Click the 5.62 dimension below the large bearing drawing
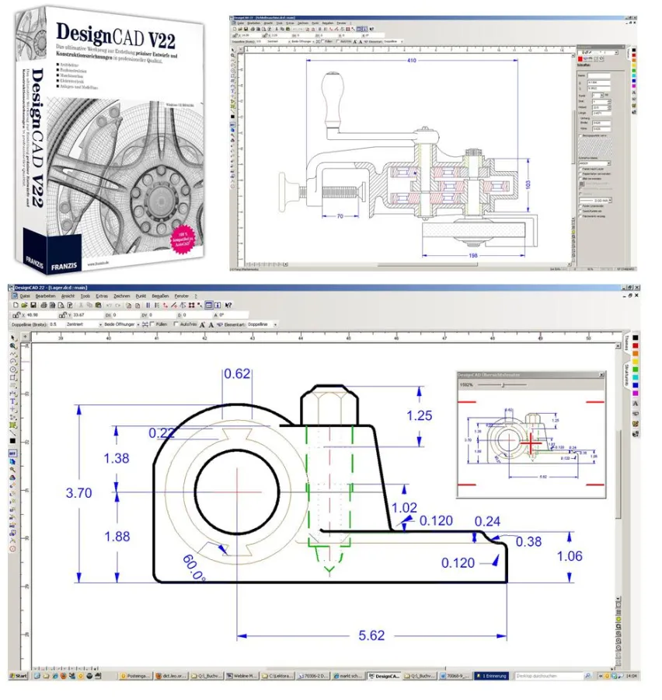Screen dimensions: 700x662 pyautogui.click(x=371, y=635)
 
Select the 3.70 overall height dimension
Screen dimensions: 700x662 pyautogui.click(x=78, y=492)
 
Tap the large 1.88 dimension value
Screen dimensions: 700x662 pyautogui.click(x=117, y=536)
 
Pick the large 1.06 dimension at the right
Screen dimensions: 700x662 pyautogui.click(x=570, y=555)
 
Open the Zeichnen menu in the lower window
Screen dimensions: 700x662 pyautogui.click(x=121, y=296)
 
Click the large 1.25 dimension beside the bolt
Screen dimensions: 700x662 pyautogui.click(x=419, y=415)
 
